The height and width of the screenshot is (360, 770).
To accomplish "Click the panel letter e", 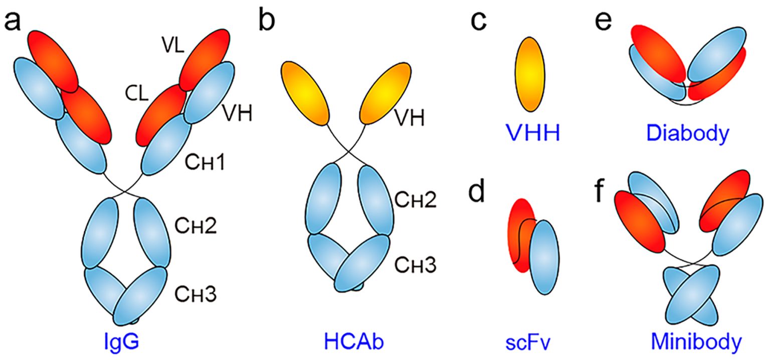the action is click(606, 23).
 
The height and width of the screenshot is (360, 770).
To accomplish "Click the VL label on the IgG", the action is click(173, 47).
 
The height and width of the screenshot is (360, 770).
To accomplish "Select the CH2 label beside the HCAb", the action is click(416, 201).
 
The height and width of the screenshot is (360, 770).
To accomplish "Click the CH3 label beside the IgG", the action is click(195, 295).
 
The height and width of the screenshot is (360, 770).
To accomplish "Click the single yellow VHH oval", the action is click(530, 74).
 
